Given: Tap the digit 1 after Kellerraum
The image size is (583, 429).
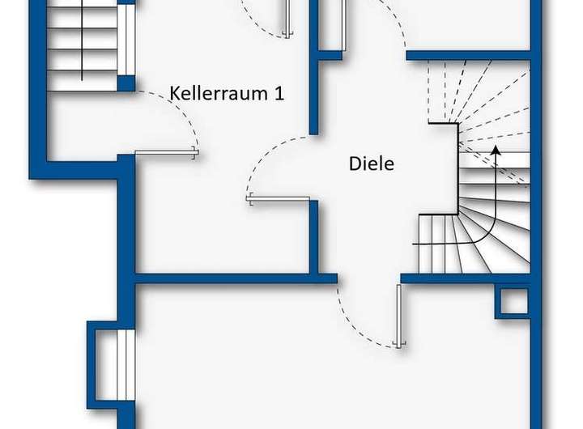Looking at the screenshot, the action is (x=279, y=92).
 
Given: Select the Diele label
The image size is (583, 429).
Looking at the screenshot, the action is (x=371, y=164).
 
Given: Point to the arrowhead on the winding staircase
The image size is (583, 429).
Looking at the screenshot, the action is (x=496, y=151).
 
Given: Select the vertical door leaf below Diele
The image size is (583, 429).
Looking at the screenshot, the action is (x=399, y=315).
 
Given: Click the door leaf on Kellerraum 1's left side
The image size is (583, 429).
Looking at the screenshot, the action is (x=166, y=152).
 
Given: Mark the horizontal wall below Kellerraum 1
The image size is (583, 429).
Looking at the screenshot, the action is (x=235, y=278).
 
